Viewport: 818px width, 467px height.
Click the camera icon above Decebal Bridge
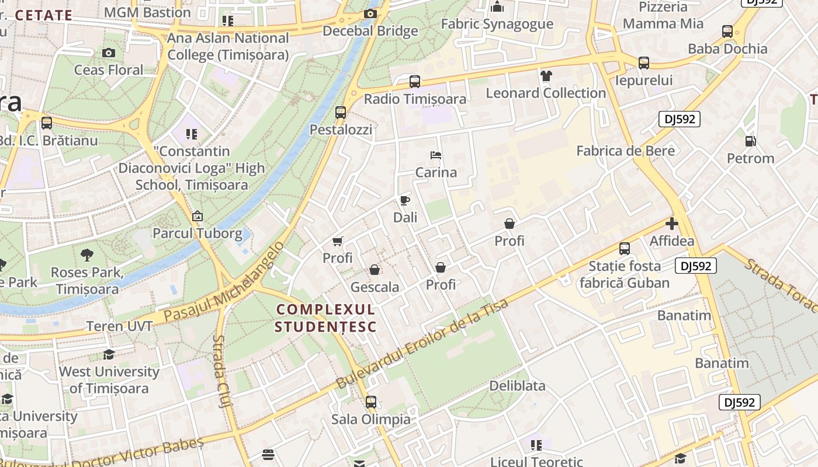coord(370,14)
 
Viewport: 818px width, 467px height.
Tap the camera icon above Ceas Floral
coord(109,53)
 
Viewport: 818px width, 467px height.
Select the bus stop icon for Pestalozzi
coord(341,113)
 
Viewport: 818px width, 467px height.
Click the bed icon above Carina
coord(436,155)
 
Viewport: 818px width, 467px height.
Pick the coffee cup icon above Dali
coord(405,201)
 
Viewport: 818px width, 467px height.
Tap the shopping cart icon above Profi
coord(337,241)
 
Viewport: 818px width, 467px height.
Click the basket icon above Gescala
coord(375,270)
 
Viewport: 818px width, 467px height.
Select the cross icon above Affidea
coord(672,224)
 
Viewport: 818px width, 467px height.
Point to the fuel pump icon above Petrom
coord(750,141)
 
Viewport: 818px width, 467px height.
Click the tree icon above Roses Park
coord(87,255)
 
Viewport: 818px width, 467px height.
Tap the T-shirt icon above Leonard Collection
coord(546,76)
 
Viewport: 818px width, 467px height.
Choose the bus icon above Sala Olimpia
coord(371,402)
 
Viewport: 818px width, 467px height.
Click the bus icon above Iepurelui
coord(644,63)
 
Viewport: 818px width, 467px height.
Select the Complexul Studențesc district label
coord(325,318)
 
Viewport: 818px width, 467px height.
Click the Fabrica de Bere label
coord(625,151)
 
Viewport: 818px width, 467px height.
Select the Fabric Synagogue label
coord(497,24)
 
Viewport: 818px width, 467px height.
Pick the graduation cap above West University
coord(109,354)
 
